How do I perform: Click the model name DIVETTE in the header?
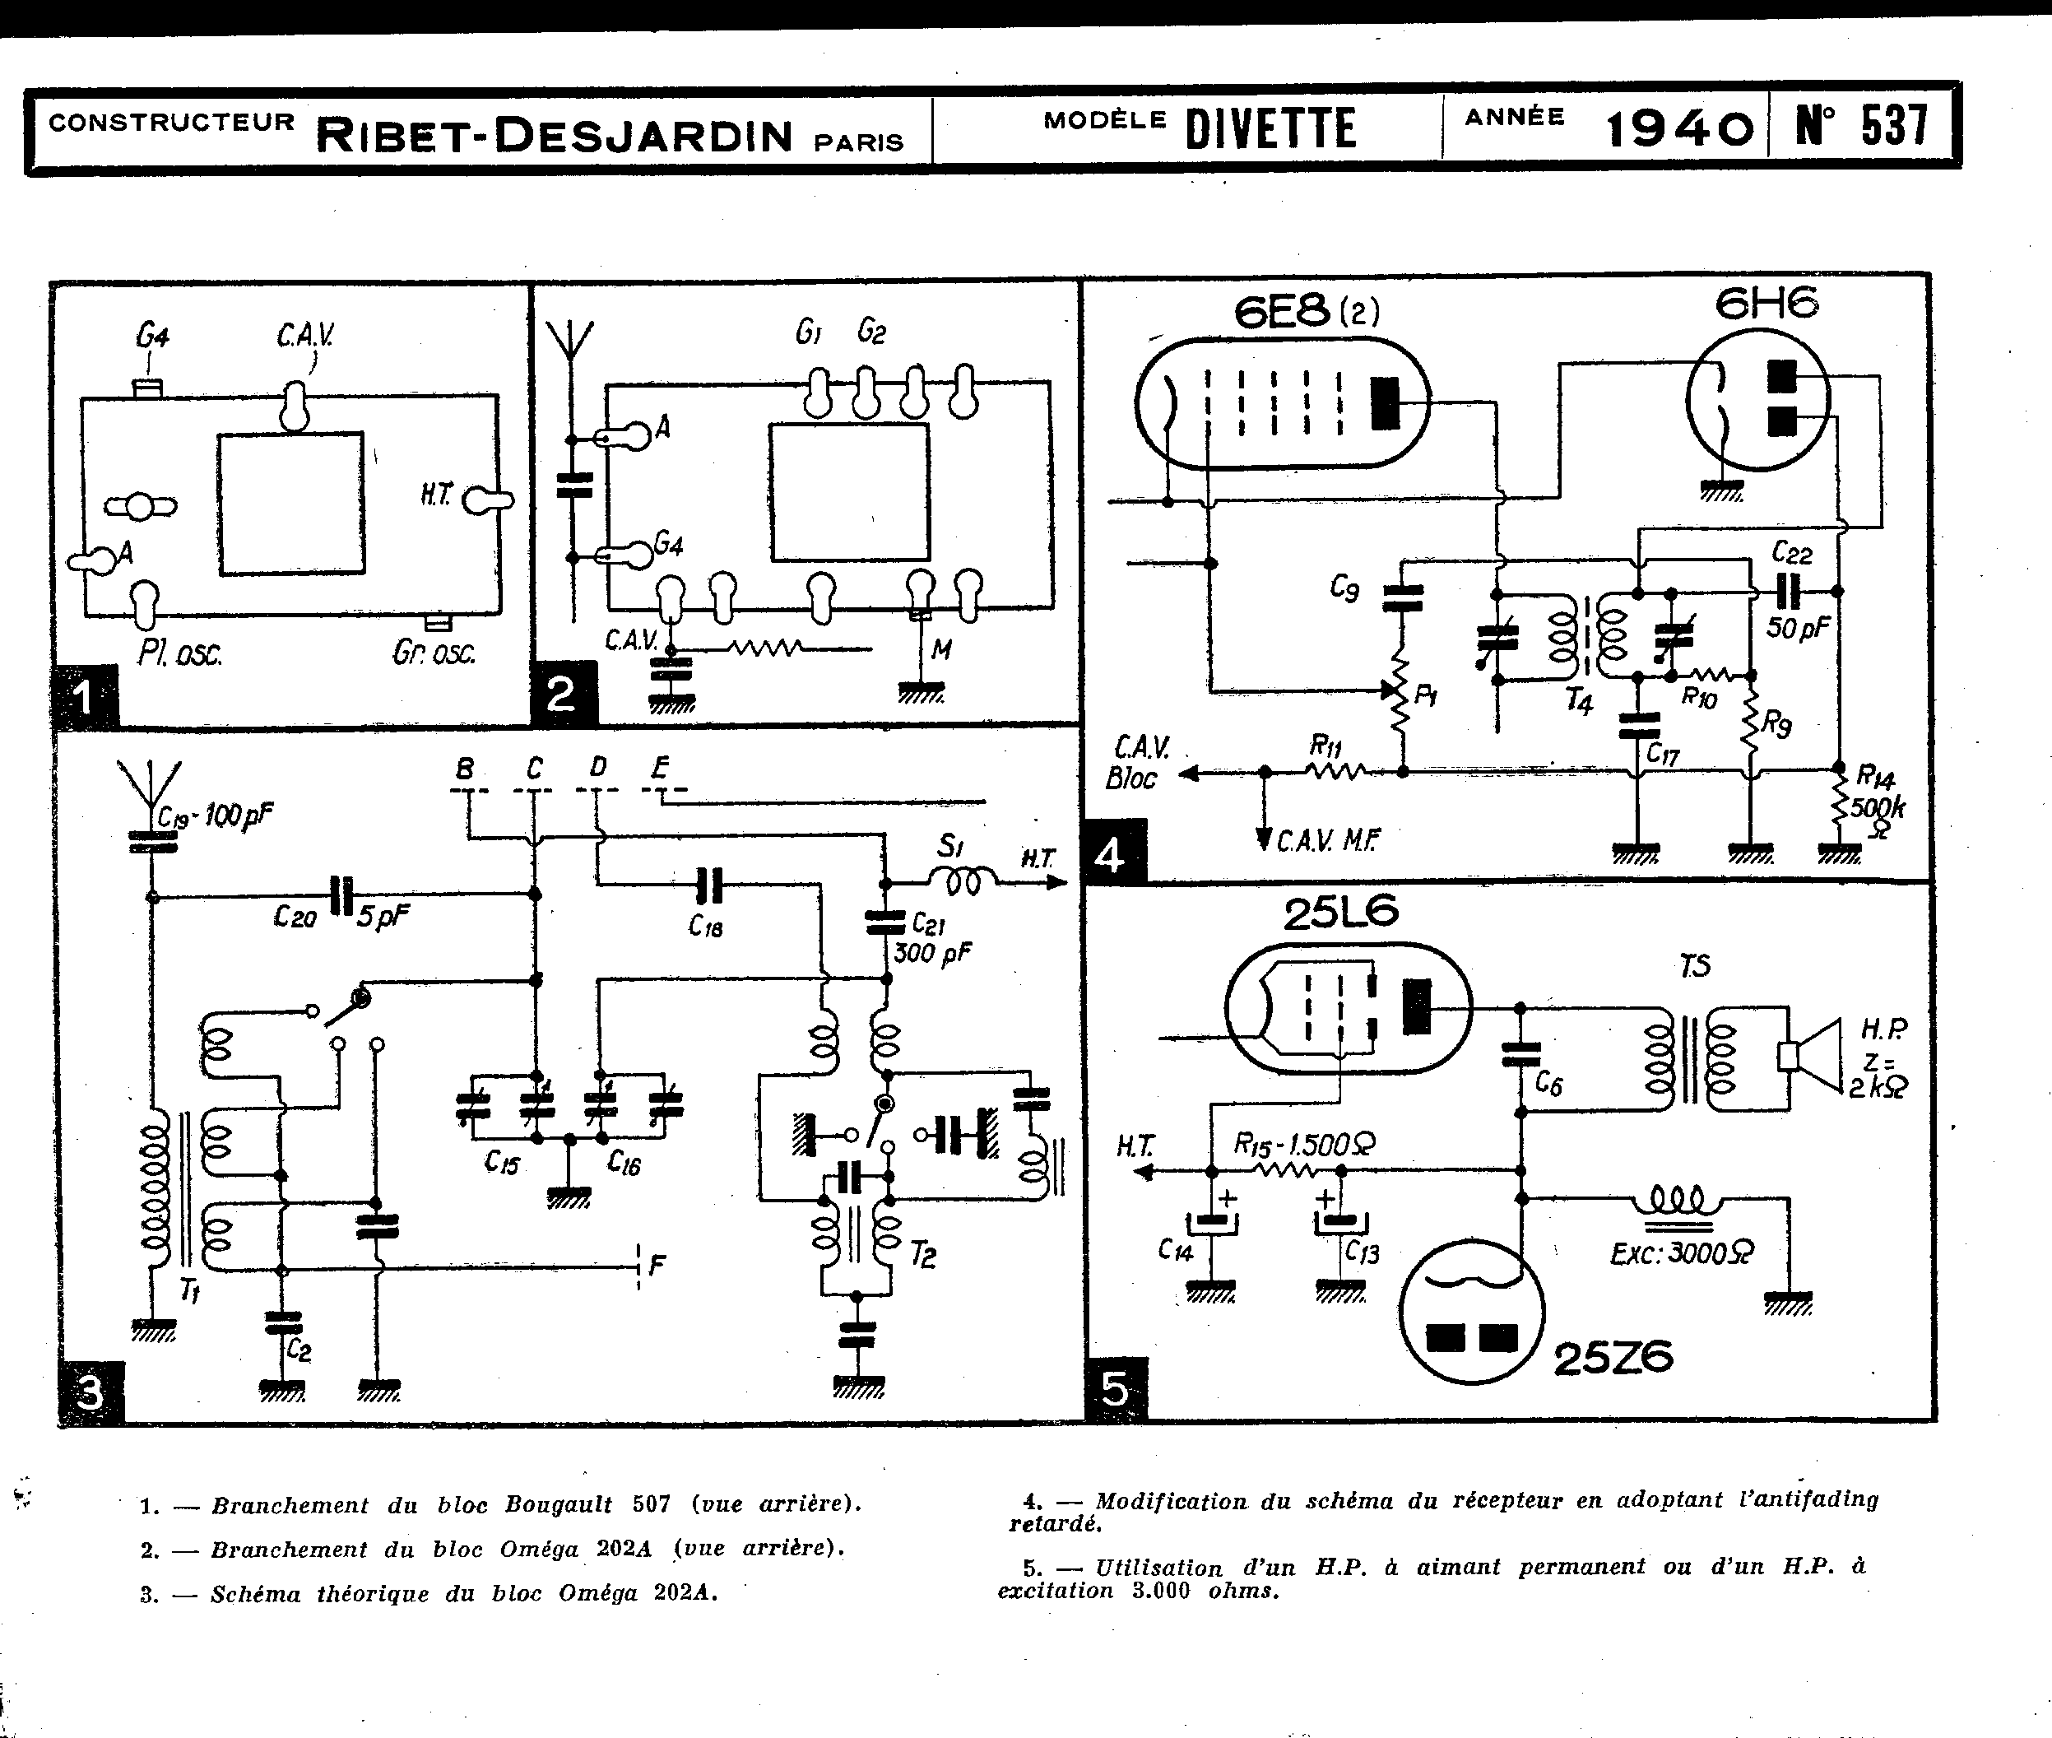(x=1271, y=129)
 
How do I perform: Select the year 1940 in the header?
(x=1679, y=129)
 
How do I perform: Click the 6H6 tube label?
(x=1766, y=304)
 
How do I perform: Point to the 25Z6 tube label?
(x=1613, y=1359)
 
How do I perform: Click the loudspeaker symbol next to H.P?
(x=1812, y=1056)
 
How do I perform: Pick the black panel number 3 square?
(x=90, y=1393)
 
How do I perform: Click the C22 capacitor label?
(x=1792, y=553)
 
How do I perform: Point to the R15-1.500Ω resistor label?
(x=1304, y=1144)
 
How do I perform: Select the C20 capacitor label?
(x=295, y=918)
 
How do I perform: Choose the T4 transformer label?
(x=1579, y=701)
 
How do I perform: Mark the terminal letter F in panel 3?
(x=657, y=1265)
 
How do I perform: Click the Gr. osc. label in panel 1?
(x=434, y=653)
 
